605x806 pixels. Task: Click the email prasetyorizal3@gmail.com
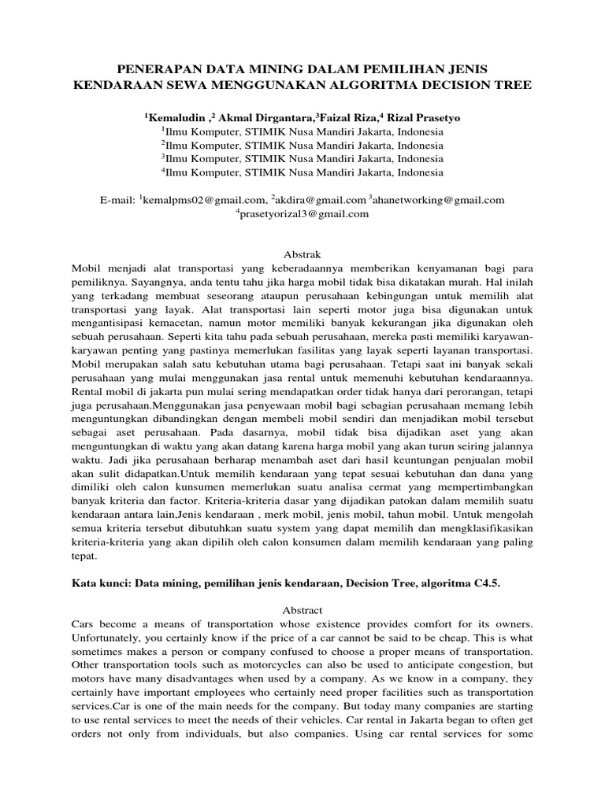coord(304,213)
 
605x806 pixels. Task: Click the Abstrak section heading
coord(302,253)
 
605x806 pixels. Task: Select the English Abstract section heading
coord(302,609)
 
